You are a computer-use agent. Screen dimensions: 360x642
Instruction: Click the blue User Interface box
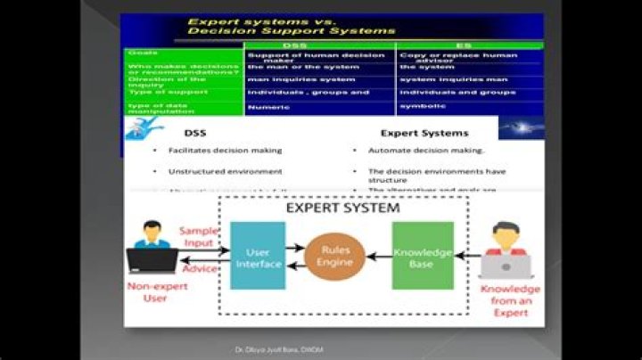pos(258,255)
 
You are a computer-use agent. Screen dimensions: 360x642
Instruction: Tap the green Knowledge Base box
pos(423,255)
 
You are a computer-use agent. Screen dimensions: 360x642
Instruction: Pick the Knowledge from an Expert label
pos(510,301)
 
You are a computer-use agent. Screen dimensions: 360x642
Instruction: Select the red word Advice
pos(199,268)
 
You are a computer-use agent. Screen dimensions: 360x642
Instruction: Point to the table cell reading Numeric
pos(269,106)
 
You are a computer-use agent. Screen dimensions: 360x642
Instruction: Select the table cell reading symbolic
pos(420,105)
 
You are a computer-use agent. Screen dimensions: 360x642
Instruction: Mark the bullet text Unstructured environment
pos(213,171)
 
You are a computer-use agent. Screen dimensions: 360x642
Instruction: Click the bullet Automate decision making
pos(425,151)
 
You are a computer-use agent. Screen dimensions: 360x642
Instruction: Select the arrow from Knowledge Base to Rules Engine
pos(377,256)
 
